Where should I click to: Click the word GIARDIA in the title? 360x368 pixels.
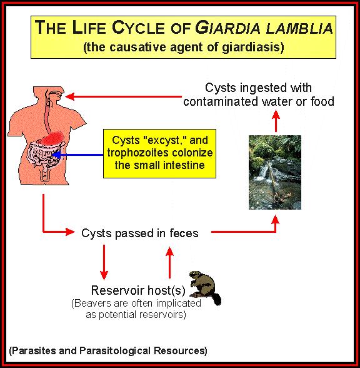click(227, 28)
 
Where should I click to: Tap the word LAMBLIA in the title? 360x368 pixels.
click(299, 28)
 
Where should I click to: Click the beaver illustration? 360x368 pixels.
click(205, 288)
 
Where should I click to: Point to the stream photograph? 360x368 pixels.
click(275, 172)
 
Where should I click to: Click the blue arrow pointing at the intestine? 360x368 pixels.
click(77, 155)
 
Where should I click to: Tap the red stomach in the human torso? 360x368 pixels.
click(52, 138)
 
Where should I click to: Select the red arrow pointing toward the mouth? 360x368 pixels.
click(124, 96)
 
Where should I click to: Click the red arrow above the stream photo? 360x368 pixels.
click(276, 121)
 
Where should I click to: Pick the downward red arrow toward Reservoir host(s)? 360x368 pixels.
click(104, 262)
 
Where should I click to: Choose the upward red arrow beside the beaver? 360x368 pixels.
click(170, 262)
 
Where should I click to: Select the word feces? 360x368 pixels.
click(184, 233)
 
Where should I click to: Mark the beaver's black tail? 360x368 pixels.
click(216, 299)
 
